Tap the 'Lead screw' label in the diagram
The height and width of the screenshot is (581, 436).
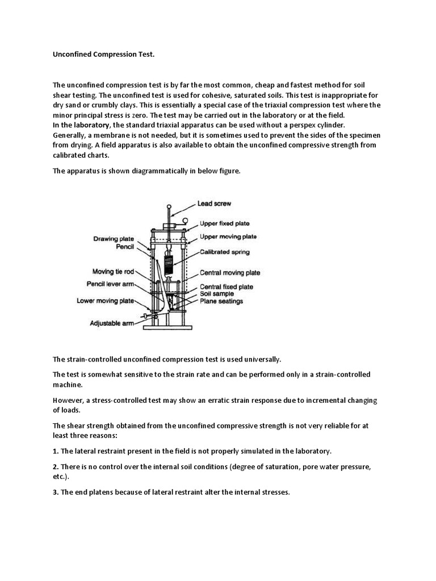pyautogui.click(x=214, y=203)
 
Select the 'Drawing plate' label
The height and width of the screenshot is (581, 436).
pyautogui.click(x=113, y=239)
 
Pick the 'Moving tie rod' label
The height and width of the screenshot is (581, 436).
pyautogui.click(x=112, y=271)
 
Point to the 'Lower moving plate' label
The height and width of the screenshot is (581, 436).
pyautogui.click(x=106, y=301)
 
